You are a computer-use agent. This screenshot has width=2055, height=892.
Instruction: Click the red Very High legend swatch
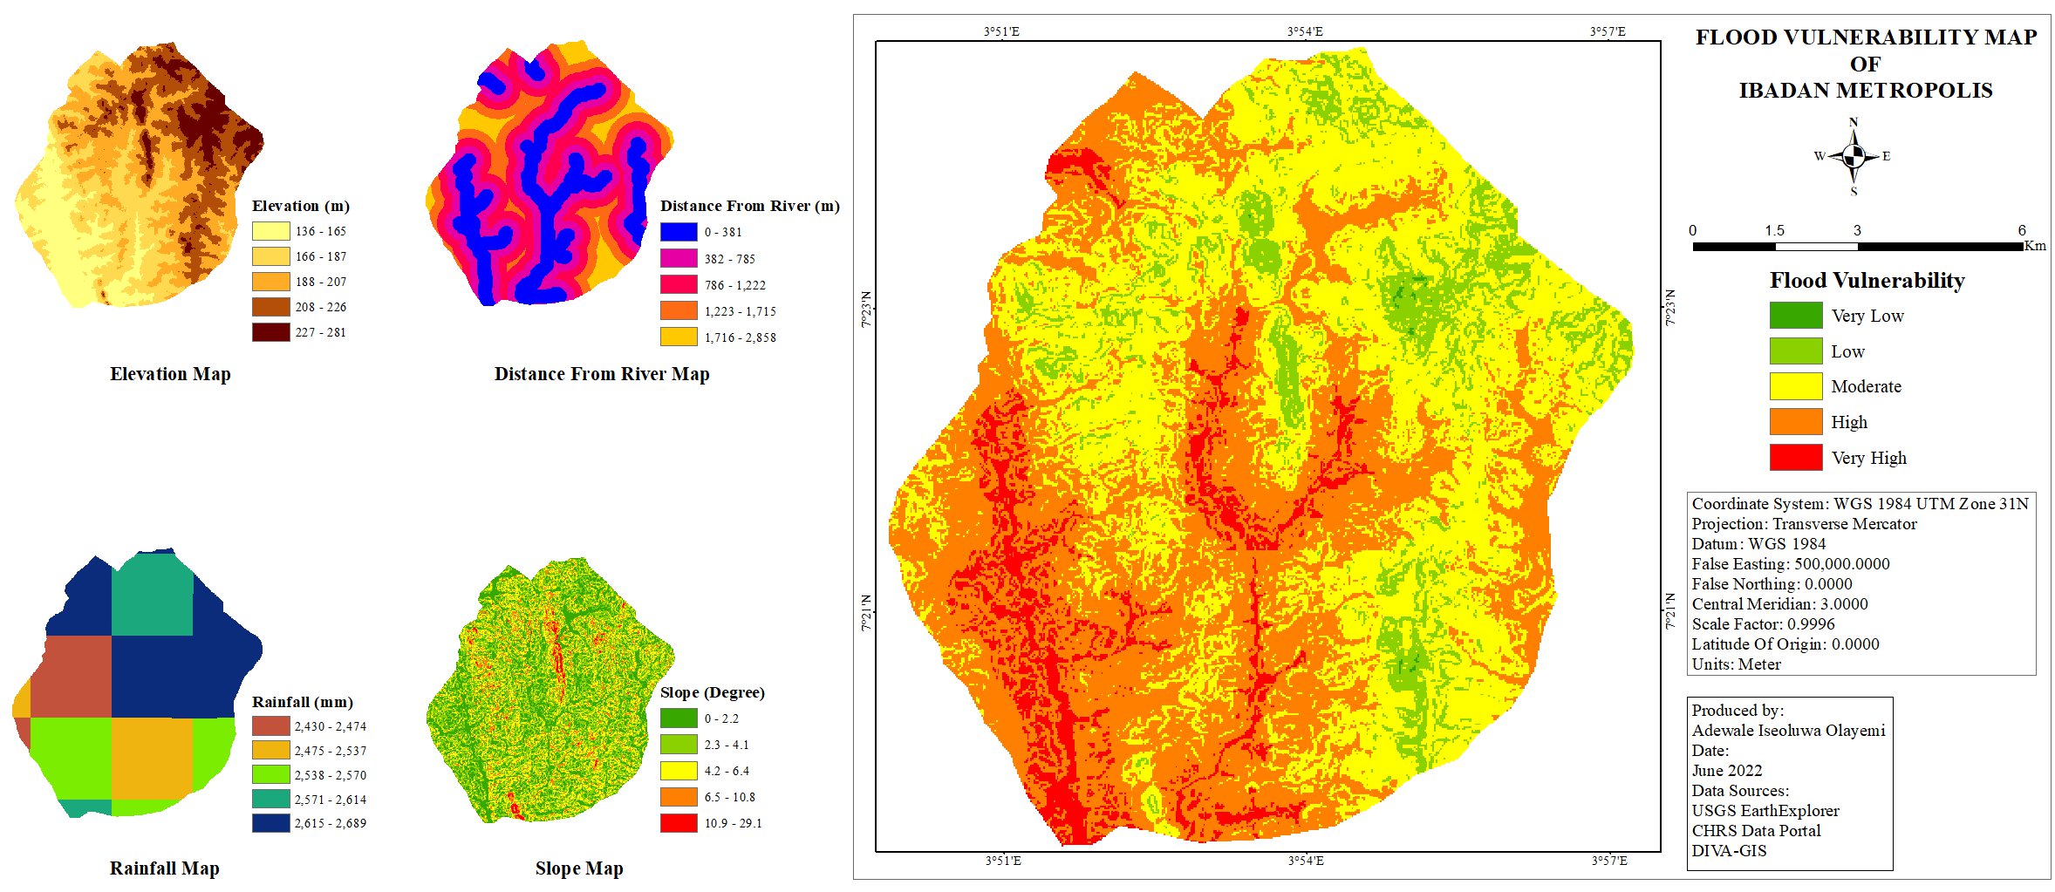[1795, 457]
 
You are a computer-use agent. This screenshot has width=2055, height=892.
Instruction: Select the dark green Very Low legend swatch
[1795, 315]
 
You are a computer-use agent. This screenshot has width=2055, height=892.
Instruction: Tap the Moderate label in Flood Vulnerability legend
[1866, 386]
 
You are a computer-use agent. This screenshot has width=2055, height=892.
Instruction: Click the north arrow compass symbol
[1854, 156]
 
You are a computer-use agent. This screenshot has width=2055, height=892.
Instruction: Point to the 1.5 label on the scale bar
[1774, 230]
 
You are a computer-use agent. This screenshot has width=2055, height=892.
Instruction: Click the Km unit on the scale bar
[2034, 246]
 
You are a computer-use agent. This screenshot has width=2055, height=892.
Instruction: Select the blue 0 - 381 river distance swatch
[678, 232]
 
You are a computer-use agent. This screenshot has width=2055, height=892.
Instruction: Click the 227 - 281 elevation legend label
[320, 332]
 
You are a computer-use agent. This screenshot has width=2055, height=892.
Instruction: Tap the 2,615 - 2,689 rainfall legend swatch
[270, 822]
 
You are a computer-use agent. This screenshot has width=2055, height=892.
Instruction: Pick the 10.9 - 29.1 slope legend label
[733, 822]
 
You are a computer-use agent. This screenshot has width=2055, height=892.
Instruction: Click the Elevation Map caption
[170, 374]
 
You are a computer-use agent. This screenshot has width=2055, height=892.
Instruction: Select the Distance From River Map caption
[602, 374]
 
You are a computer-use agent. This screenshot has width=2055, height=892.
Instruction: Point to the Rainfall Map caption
[164, 868]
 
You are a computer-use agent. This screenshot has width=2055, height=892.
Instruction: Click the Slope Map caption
[579, 868]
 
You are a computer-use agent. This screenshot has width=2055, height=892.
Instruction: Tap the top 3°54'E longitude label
[1305, 31]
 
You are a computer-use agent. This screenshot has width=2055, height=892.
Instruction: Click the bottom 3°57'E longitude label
[1608, 861]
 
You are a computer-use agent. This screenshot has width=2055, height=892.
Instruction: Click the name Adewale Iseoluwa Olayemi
[1788, 731]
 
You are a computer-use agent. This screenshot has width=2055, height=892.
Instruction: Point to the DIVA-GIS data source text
[1729, 851]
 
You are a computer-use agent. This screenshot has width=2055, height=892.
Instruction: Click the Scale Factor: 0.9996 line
[1763, 624]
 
